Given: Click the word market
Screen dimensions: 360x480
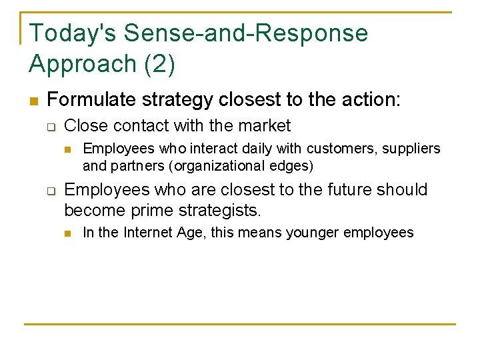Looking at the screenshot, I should pos(265,126).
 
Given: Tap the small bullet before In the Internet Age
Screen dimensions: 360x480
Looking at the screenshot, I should pos(68,233).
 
